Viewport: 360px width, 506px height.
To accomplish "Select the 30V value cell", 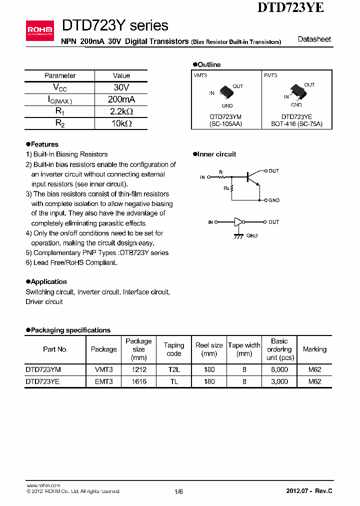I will tap(121, 87).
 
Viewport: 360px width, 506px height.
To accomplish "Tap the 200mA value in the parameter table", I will tap(121, 99).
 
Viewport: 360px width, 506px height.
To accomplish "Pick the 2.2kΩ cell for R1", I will tap(121, 111).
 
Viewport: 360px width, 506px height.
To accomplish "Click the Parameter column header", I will tap(60, 75).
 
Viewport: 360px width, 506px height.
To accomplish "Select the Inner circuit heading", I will tap(216, 154).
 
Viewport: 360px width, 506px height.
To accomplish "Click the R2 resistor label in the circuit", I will tap(226, 188).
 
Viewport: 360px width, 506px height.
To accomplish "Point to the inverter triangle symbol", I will tap(238, 222).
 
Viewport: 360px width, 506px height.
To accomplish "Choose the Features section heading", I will tap(44, 144).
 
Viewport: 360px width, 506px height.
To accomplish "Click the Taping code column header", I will tap(174, 349).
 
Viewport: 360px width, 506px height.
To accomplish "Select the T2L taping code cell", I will tap(174, 369).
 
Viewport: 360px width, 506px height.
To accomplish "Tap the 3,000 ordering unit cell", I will tap(279, 381).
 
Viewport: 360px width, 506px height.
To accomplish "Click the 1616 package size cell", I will tap(138, 381).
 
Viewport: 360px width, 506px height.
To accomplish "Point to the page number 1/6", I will tap(178, 491).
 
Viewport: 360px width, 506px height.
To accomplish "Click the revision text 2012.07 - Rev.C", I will tap(309, 491).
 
